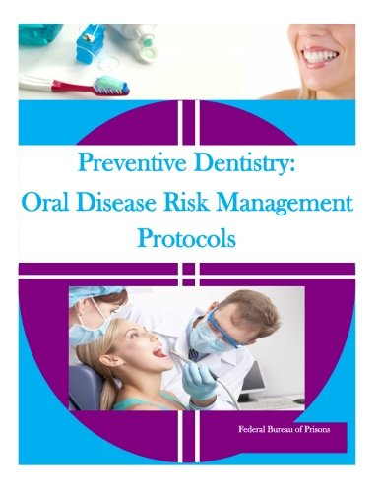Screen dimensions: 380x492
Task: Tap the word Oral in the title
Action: [46, 203]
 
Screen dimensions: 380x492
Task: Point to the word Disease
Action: [116, 203]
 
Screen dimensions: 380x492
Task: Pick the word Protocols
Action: [186, 238]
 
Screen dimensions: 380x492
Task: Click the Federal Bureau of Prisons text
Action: [285, 429]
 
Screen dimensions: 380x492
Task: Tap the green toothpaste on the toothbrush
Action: [110, 82]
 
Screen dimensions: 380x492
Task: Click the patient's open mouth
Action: [160, 353]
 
